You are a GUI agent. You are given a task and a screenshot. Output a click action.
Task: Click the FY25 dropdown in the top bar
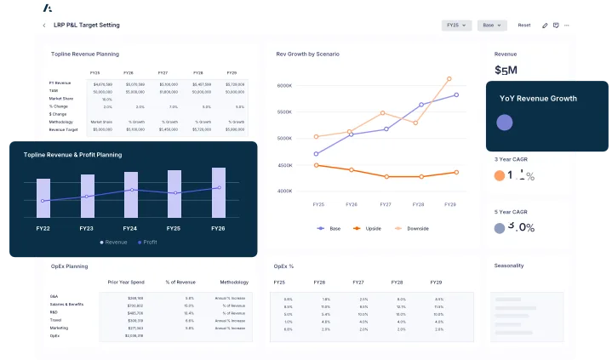[x=456, y=26]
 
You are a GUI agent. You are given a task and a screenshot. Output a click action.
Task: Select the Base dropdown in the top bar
[x=491, y=26]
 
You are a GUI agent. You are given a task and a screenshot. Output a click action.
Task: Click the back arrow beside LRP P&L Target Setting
[x=44, y=26]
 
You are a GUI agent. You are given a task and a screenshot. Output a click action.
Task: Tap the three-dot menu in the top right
[x=569, y=26]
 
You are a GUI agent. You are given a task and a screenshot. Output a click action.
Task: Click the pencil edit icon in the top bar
[x=545, y=26]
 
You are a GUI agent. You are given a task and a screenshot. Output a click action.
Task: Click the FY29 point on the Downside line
[x=449, y=78]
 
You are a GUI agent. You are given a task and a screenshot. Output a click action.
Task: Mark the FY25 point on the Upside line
[x=316, y=165]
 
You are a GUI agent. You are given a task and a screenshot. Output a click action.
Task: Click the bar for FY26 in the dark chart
[x=218, y=192]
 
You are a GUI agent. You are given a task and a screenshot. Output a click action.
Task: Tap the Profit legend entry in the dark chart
[x=146, y=243]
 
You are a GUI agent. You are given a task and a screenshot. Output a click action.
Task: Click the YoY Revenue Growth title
[x=537, y=99]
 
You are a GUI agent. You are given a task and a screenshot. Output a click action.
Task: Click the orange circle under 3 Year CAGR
[x=500, y=176]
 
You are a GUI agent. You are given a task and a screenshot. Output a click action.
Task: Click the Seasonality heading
[x=509, y=266]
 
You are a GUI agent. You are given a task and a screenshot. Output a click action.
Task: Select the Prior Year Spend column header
[x=126, y=282]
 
